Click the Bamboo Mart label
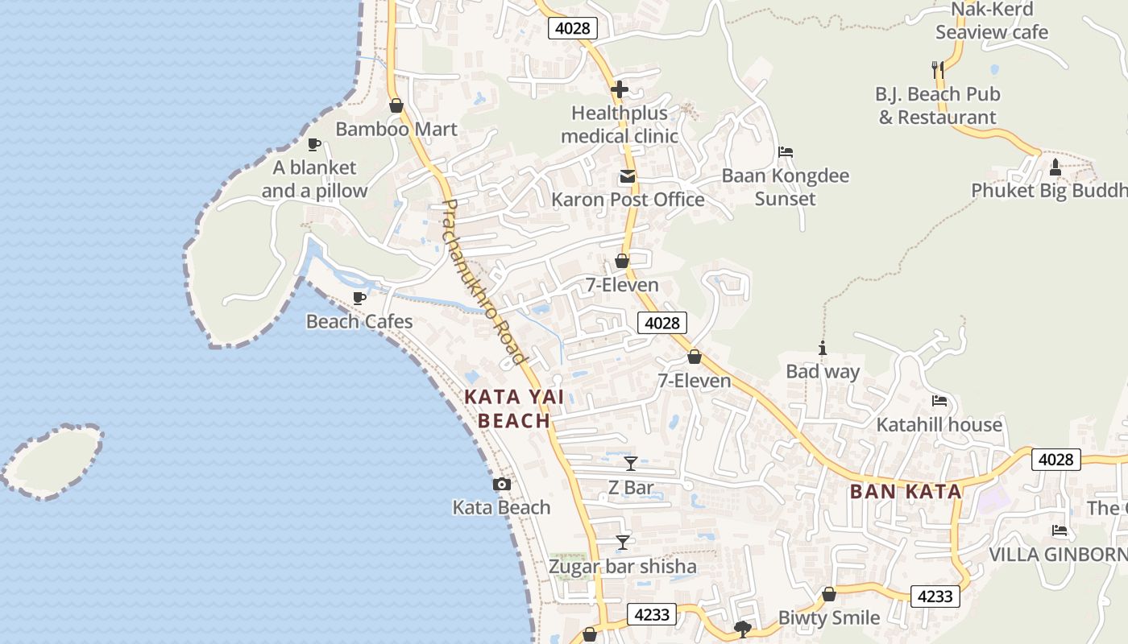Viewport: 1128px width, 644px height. click(x=396, y=129)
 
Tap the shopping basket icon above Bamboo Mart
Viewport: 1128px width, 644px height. click(x=396, y=105)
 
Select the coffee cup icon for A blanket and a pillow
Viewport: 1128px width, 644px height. click(x=314, y=145)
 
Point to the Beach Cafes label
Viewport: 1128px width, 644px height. click(x=359, y=322)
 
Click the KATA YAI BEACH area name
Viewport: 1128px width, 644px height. click(x=514, y=408)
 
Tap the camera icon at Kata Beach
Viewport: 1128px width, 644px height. click(x=501, y=484)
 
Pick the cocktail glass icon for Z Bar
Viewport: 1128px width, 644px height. click(x=631, y=464)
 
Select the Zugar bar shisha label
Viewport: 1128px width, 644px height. click(x=622, y=567)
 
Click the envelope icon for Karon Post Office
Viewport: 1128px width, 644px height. click(x=627, y=176)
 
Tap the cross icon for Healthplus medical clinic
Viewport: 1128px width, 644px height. click(x=620, y=89)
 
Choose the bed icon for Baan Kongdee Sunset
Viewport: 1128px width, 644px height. click(x=786, y=151)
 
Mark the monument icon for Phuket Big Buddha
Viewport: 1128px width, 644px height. click(x=1055, y=167)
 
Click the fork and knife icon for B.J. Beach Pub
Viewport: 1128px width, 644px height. click(x=938, y=71)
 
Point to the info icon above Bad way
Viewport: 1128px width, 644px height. click(x=823, y=349)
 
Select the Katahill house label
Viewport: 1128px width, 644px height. click(x=939, y=424)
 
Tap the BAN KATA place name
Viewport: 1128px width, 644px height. click(x=906, y=491)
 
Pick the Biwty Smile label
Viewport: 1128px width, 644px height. click(x=828, y=617)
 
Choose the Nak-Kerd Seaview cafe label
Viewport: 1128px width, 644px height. click(x=992, y=22)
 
